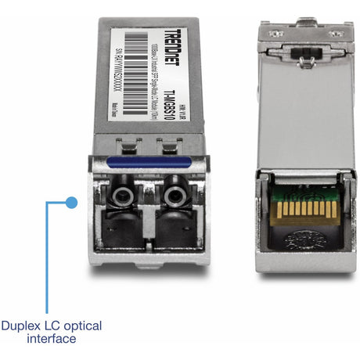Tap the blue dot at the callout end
pyautogui.click(x=71, y=202)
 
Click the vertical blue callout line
pyautogui.click(x=46, y=258)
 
